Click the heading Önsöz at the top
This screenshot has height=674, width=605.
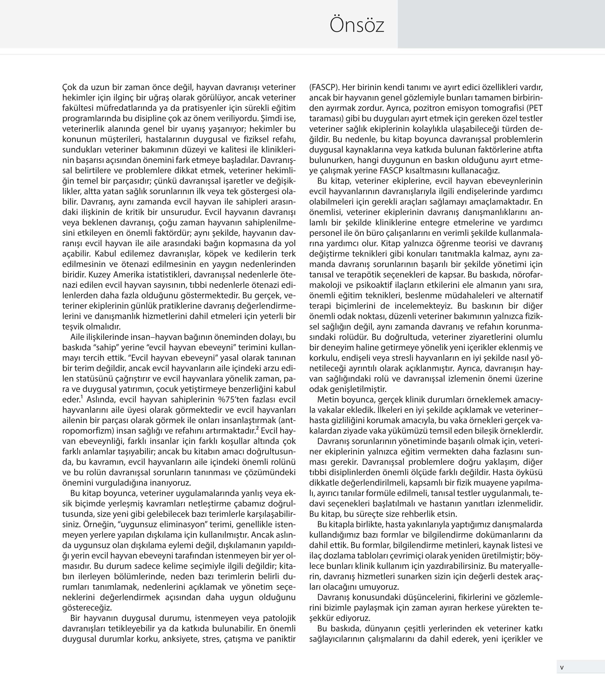[x=357, y=25]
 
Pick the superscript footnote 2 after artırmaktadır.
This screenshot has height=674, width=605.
[x=257, y=428]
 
